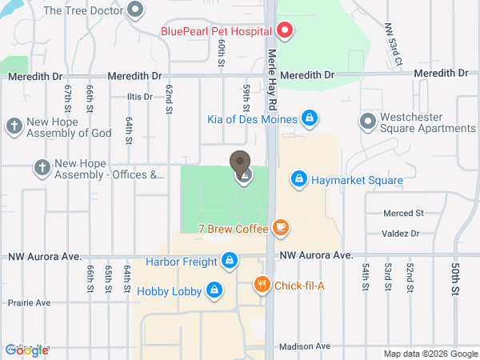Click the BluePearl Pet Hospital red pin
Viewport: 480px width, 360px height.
coord(285,31)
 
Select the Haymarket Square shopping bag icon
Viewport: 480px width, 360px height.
coord(298,178)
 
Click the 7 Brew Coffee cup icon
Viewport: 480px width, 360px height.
coord(279,228)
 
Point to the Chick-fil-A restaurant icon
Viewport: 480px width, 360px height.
coord(262,284)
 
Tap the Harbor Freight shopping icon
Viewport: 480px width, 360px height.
coord(230,261)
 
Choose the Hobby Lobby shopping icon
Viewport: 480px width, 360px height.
coord(214,290)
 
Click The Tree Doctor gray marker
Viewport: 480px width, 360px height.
coord(135,10)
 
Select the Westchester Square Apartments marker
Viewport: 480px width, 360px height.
coord(367,122)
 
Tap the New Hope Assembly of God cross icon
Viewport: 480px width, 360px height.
coord(14,126)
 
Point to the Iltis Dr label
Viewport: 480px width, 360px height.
coord(139,97)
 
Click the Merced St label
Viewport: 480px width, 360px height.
coord(402,214)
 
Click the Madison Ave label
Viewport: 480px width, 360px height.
coord(305,346)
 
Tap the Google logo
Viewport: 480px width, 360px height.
coord(27,350)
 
